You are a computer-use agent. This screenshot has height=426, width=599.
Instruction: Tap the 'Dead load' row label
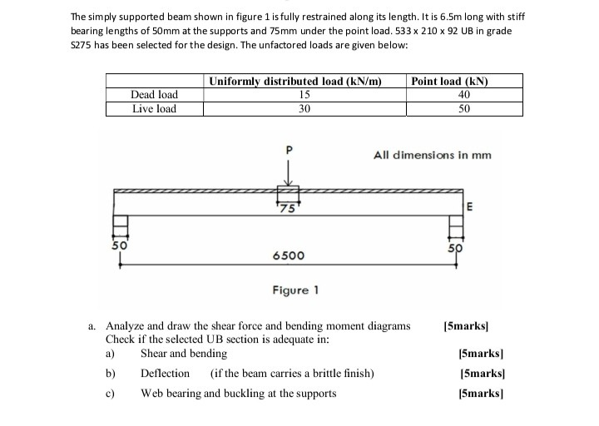click(155, 95)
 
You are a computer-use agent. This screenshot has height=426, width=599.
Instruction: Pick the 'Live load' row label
click(155, 108)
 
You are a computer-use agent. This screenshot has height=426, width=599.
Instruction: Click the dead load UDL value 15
click(304, 95)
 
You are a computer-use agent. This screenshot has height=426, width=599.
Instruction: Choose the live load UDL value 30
click(304, 108)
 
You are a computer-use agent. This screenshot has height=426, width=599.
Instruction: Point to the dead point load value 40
click(464, 95)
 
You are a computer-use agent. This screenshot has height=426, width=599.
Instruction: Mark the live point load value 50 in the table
click(464, 108)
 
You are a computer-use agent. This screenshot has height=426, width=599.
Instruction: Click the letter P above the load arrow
click(290, 151)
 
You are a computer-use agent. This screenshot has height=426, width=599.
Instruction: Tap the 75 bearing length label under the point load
click(288, 208)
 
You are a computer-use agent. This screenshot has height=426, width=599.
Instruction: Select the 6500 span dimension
click(288, 257)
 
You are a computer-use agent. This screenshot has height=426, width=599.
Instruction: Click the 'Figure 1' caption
click(295, 290)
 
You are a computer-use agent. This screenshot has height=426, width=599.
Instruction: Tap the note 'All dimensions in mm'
click(432, 155)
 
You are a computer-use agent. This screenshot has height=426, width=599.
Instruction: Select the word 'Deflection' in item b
click(165, 373)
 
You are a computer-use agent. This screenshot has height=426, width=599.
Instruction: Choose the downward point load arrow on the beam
click(289, 175)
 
